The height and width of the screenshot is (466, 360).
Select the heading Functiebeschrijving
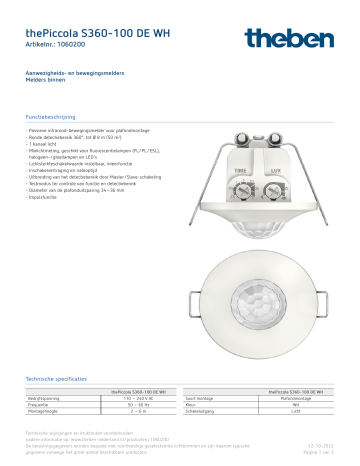[53, 117]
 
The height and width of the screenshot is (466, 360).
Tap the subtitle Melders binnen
[46, 82]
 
